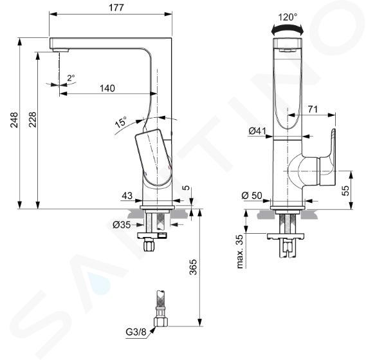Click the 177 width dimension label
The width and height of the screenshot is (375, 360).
point(116,8)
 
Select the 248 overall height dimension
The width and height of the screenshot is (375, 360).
point(14,120)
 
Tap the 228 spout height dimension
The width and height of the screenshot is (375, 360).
point(32,120)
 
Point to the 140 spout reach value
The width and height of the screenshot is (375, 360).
point(107,88)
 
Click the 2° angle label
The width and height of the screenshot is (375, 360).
point(71,78)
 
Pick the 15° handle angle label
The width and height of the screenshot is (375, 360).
point(121,122)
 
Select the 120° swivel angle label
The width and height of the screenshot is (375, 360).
point(288,17)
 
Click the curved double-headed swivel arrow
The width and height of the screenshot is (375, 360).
point(288,28)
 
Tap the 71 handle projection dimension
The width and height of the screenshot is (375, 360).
point(313,109)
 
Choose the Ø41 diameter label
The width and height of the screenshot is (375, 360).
point(257,131)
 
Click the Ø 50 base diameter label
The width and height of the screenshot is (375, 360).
point(252,195)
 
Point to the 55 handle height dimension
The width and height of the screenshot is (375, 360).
point(345,191)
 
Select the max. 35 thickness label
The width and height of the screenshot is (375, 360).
point(240,252)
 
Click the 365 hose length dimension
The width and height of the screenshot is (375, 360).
point(193,267)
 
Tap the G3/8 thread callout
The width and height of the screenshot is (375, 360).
point(136,332)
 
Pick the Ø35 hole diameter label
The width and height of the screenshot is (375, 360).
point(122,225)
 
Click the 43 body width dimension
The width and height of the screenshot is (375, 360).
point(127,196)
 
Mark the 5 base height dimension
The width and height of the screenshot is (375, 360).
point(187,187)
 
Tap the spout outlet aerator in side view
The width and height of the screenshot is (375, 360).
point(60,50)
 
